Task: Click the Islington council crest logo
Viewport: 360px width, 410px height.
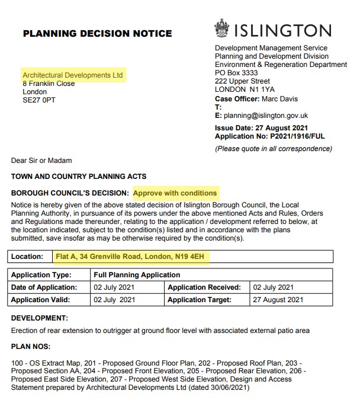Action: pos(223,30)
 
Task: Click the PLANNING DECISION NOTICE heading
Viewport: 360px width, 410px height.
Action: pos(97,33)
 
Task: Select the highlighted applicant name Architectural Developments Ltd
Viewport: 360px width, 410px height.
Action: pos(72,76)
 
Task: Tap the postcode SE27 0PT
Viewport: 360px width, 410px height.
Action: pos(40,100)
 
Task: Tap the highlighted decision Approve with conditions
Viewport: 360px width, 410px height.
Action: pos(175,193)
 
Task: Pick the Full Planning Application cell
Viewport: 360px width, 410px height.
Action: pos(137,275)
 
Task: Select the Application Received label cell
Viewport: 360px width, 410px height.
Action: pos(204,287)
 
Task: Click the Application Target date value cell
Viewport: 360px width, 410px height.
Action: pos(278,300)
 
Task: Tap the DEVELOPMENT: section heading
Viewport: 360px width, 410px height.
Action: pos(40,318)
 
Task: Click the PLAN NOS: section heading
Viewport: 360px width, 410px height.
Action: pos(31,346)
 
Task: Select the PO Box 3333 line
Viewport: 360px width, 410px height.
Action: pos(236,73)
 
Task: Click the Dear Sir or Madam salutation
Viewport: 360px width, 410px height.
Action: pos(41,160)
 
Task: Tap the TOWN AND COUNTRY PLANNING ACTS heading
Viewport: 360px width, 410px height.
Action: pos(79,177)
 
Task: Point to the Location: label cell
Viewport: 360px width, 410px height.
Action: pos(28,257)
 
